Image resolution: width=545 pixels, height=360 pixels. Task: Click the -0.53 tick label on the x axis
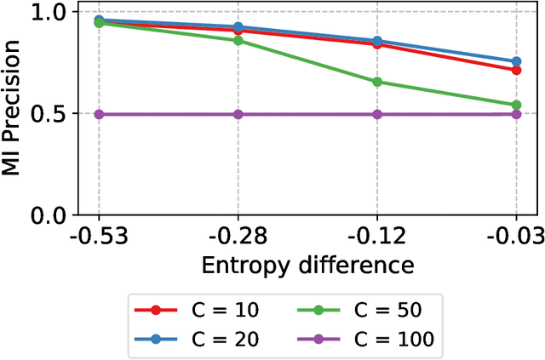[99, 235]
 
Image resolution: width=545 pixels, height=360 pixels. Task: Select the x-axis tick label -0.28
[238, 235]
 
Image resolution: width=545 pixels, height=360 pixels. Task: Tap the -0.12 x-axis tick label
[376, 235]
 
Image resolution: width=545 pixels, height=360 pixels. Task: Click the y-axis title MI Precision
[14, 113]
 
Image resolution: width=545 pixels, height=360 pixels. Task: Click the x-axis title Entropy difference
[307, 265]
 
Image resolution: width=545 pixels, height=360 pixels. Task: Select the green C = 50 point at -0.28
[238, 40]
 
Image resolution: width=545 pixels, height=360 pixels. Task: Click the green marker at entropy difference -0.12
[376, 82]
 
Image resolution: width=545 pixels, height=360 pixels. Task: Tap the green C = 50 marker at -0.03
[515, 105]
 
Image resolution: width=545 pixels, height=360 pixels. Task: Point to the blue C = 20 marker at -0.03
[515, 61]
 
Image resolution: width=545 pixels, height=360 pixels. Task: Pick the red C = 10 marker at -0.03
[515, 70]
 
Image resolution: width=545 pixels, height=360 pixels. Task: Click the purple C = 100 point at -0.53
[99, 114]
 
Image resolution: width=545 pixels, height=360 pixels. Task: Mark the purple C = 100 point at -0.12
[376, 114]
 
